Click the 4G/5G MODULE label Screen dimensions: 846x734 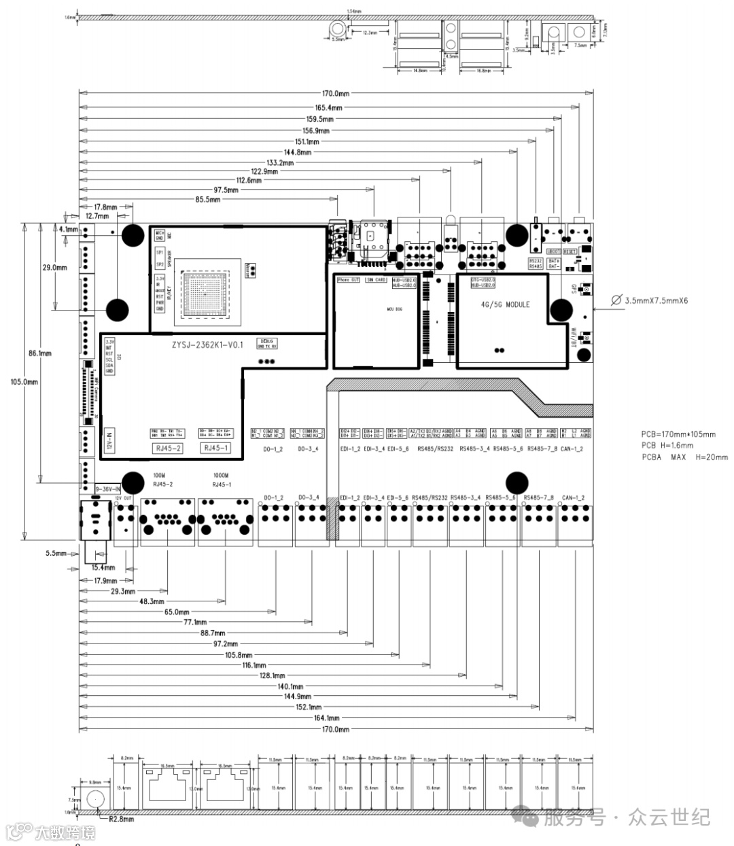[504, 305]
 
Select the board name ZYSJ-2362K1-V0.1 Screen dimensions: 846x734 [208, 345]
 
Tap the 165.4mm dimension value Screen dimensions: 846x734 [329, 107]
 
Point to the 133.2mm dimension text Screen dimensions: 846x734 [280, 163]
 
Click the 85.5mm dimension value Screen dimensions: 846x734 [207, 200]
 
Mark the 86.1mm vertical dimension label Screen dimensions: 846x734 [40, 353]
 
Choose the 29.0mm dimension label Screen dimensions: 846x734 [54, 268]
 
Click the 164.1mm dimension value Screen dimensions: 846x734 [327, 718]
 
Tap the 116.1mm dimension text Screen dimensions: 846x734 [254, 665]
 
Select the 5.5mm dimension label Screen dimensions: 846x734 [56, 553]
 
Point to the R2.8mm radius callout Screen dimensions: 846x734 [121, 819]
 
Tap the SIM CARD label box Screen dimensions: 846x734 [376, 280]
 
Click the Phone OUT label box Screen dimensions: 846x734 [348, 280]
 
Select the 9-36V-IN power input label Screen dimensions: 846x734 [108, 489]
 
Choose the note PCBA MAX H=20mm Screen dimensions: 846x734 [684, 457]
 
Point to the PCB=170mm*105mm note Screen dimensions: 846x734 [678, 434]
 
